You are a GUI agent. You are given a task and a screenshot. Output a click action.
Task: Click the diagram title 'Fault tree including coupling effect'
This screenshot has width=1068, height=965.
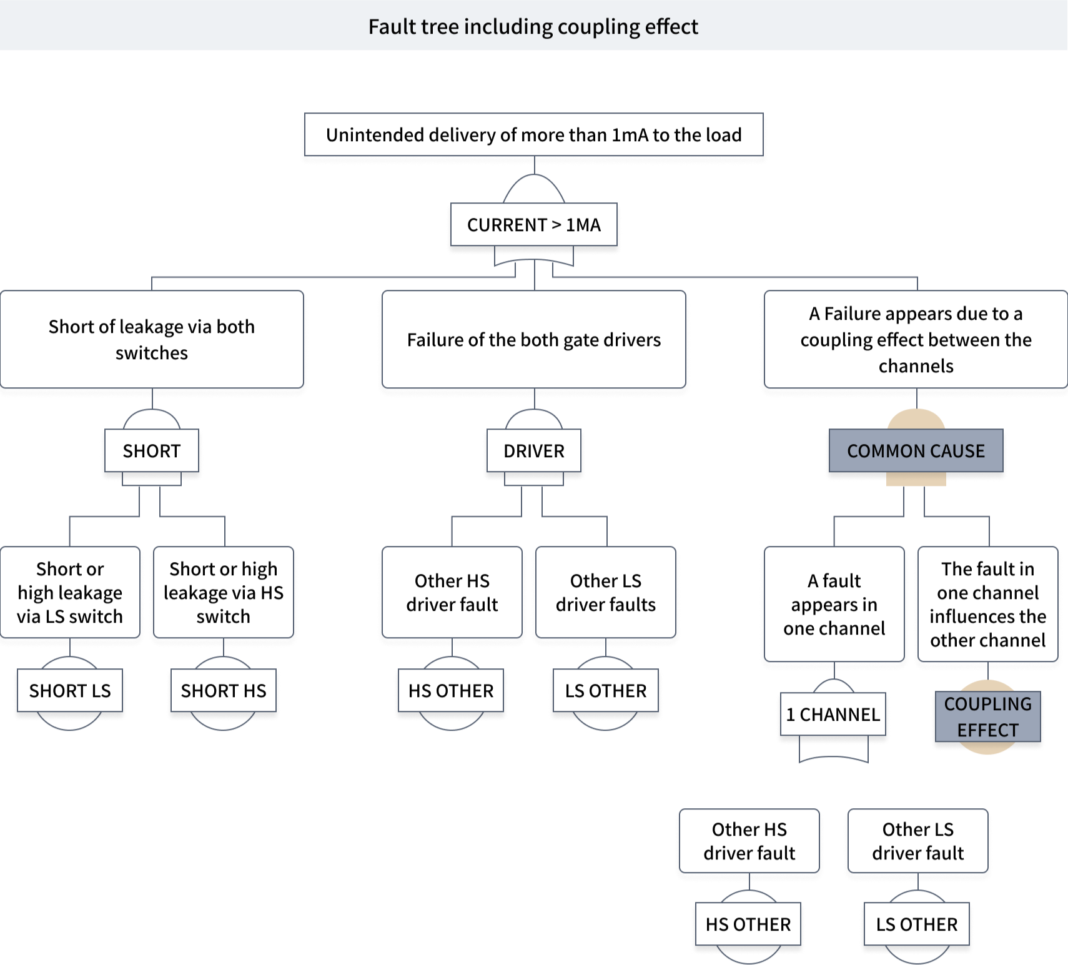pyautogui.click(x=533, y=26)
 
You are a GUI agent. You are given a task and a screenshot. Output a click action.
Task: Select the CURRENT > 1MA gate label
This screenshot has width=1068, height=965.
pyautogui.click(x=533, y=225)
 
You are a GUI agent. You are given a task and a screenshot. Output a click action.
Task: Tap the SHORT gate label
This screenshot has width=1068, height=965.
pyautogui.click(x=152, y=451)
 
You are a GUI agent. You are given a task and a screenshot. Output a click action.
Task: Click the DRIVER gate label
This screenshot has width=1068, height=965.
pyautogui.click(x=533, y=451)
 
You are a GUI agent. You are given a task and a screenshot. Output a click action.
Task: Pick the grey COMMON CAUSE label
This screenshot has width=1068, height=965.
pyautogui.click(x=916, y=451)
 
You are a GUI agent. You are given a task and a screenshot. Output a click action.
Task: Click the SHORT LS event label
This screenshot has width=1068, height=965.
pyautogui.click(x=70, y=691)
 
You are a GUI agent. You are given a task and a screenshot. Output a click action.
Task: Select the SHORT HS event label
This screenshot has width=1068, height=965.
pyautogui.click(x=224, y=691)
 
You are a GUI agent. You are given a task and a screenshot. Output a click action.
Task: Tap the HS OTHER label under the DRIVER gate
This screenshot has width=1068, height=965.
pyautogui.click(x=451, y=691)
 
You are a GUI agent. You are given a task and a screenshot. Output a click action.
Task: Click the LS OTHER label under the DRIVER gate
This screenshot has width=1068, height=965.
pyautogui.click(x=605, y=691)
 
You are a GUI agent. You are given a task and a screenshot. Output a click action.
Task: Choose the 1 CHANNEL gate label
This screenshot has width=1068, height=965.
pyautogui.click(x=833, y=715)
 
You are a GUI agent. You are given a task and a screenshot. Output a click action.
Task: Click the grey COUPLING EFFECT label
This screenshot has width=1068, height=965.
pyautogui.click(x=987, y=717)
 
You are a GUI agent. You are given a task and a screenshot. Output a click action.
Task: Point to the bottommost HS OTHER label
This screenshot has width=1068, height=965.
pyautogui.click(x=748, y=924)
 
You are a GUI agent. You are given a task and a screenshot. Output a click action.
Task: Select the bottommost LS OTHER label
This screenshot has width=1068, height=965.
pyautogui.click(x=916, y=924)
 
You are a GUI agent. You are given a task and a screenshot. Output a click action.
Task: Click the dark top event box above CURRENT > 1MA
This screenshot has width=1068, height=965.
pyautogui.click(x=533, y=135)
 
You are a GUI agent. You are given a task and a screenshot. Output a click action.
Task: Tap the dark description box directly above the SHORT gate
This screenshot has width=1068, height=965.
pyautogui.click(x=152, y=340)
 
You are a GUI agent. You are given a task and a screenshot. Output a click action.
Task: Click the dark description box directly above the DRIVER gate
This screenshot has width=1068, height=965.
pyautogui.click(x=533, y=340)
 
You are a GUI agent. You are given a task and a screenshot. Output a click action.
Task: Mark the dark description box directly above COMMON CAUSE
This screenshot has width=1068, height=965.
pyautogui.click(x=916, y=340)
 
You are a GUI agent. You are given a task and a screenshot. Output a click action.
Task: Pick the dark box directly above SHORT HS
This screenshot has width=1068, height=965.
pyautogui.click(x=224, y=592)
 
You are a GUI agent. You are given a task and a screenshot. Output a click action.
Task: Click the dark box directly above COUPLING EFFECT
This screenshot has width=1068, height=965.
pyautogui.click(x=987, y=604)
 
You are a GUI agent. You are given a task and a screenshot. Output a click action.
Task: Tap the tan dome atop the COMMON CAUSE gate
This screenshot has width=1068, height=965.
pyautogui.click(x=916, y=418)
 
